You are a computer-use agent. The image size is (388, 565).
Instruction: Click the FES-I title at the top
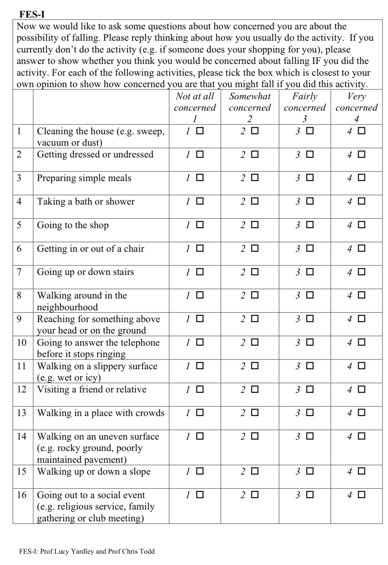(x=32, y=15)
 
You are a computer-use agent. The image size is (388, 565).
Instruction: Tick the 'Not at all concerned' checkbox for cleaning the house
(x=200, y=131)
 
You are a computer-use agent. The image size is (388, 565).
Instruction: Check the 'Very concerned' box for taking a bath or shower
(x=361, y=201)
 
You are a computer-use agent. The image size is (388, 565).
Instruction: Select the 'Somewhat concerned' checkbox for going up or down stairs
(x=255, y=272)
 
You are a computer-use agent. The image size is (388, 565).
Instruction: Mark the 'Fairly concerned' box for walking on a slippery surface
(x=310, y=366)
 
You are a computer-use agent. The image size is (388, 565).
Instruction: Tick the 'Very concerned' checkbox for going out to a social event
(x=361, y=495)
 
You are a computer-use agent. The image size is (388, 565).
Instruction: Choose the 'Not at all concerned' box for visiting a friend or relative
(x=200, y=389)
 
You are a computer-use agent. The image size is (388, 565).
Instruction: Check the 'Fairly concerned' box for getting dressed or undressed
(x=310, y=154)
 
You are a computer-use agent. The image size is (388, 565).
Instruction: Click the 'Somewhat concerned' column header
(x=250, y=102)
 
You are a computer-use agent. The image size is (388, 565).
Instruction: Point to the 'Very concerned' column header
(x=356, y=102)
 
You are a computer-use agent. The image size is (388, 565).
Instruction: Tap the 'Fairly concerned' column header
(x=304, y=102)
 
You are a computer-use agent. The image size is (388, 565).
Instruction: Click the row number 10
(x=22, y=343)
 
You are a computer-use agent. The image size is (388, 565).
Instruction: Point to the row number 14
(x=22, y=436)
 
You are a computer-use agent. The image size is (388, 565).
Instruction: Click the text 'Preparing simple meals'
(x=84, y=178)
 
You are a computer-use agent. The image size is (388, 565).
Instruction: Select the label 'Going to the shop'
(x=73, y=225)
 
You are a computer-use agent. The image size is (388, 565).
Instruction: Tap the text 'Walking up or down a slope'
(x=93, y=471)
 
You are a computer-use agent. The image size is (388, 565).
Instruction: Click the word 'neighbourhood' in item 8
(x=67, y=307)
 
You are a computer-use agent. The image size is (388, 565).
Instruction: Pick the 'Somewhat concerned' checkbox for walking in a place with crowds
(x=255, y=413)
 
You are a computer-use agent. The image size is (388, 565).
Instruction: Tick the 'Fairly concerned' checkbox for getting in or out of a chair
(x=310, y=248)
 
